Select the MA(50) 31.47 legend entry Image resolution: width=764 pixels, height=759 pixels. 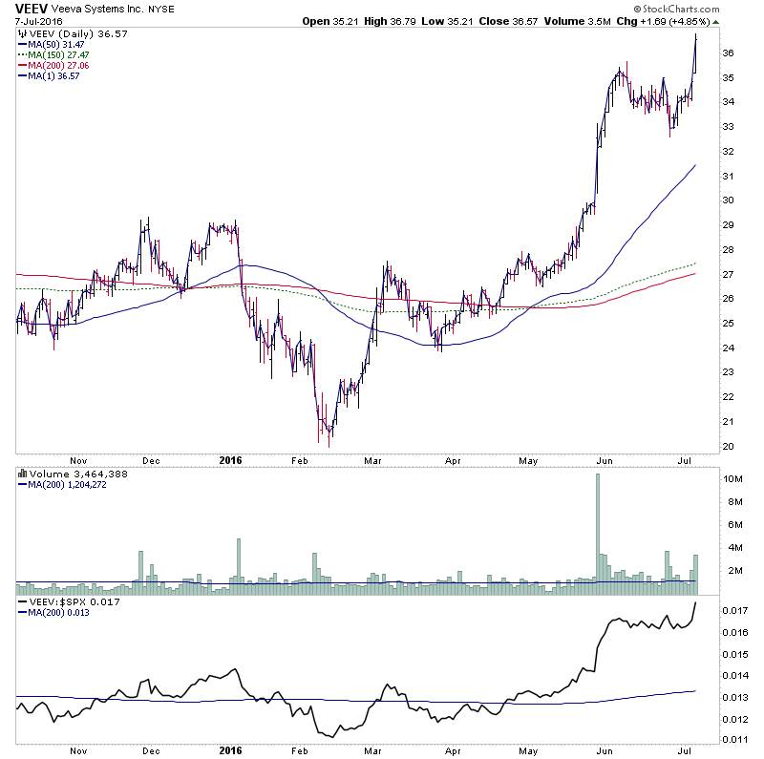(x=56, y=44)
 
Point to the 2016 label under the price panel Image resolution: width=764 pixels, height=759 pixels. (x=231, y=459)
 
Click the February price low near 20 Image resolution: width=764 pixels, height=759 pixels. (x=329, y=445)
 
